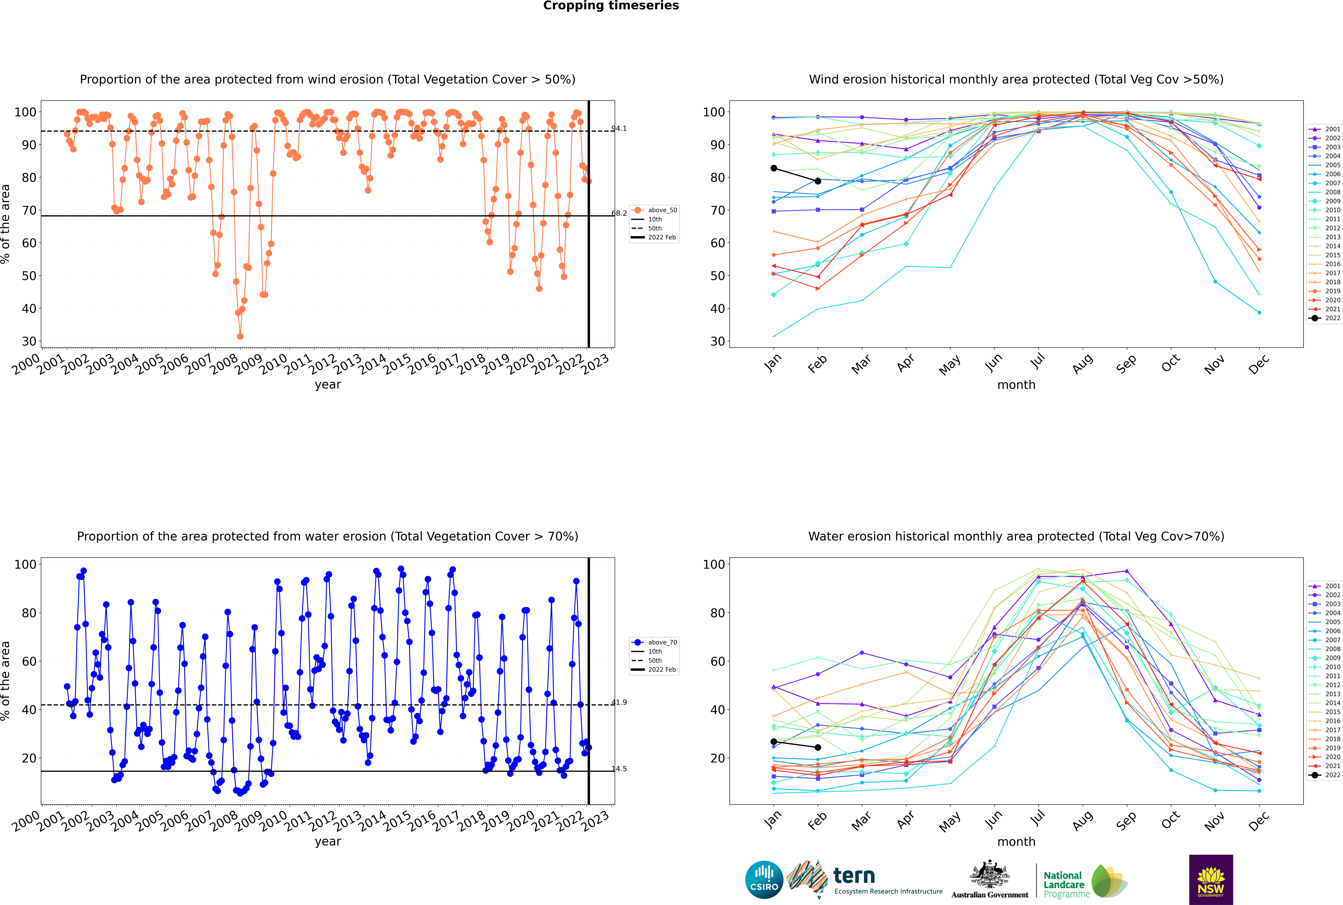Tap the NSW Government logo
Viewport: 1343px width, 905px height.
point(1211,880)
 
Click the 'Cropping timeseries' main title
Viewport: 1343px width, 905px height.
point(611,6)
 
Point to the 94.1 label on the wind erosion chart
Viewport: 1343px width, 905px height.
point(619,129)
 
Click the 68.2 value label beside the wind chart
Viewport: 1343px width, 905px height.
point(619,214)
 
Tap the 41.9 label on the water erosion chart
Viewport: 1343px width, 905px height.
point(619,702)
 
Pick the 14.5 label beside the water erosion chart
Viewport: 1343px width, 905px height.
point(619,769)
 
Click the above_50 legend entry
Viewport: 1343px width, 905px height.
point(654,210)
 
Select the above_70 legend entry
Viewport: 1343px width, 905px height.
point(654,642)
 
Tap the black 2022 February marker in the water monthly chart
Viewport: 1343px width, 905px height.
point(818,747)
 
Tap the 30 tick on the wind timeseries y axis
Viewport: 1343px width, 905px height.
point(29,341)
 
